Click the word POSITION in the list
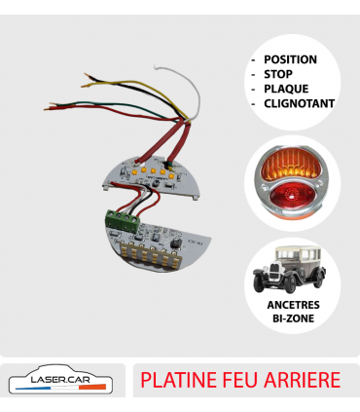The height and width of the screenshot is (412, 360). pos(289,59)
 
